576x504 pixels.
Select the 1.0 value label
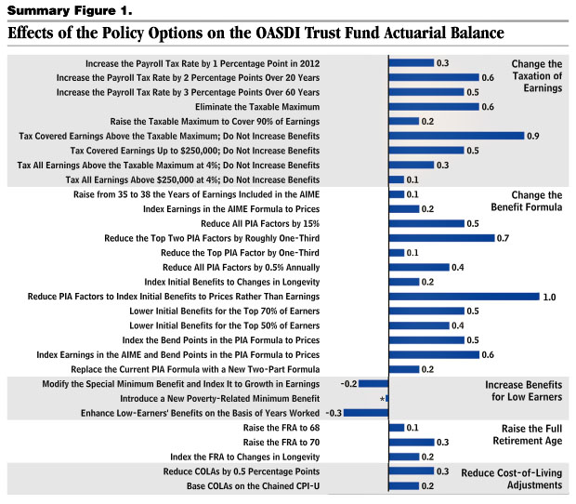click(549, 297)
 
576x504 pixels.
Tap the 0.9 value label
click(533, 136)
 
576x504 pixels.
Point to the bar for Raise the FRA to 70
click(411, 443)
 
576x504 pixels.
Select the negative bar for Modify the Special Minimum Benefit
click(373, 384)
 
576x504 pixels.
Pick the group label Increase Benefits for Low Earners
click(523, 391)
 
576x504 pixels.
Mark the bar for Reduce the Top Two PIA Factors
click(441, 238)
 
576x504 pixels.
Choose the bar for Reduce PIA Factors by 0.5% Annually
click(418, 268)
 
